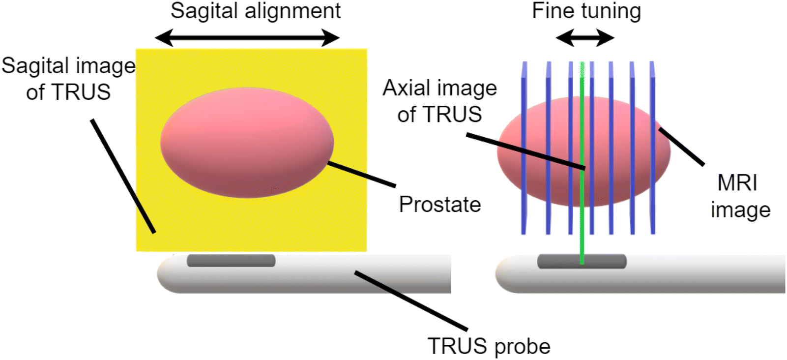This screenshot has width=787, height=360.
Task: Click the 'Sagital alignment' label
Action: point(255,11)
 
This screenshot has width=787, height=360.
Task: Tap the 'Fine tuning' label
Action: point(586,11)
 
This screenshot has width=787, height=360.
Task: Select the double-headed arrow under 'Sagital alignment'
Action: point(247,37)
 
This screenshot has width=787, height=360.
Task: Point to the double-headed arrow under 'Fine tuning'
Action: point(585,37)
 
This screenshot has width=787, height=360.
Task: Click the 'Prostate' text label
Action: point(439,204)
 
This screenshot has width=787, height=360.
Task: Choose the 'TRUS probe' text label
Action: point(489,346)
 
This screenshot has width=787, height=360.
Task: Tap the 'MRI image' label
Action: point(739,196)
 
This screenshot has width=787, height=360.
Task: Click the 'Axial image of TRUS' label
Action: point(439,101)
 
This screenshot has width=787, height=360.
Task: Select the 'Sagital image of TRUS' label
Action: point(68,79)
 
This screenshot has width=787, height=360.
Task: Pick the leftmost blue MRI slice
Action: point(524,148)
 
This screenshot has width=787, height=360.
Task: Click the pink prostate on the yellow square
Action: point(247,143)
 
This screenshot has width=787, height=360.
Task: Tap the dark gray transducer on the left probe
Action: point(231,261)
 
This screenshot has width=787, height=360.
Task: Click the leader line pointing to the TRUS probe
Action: point(410,300)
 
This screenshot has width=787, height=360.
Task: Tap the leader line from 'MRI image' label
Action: point(681,146)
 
